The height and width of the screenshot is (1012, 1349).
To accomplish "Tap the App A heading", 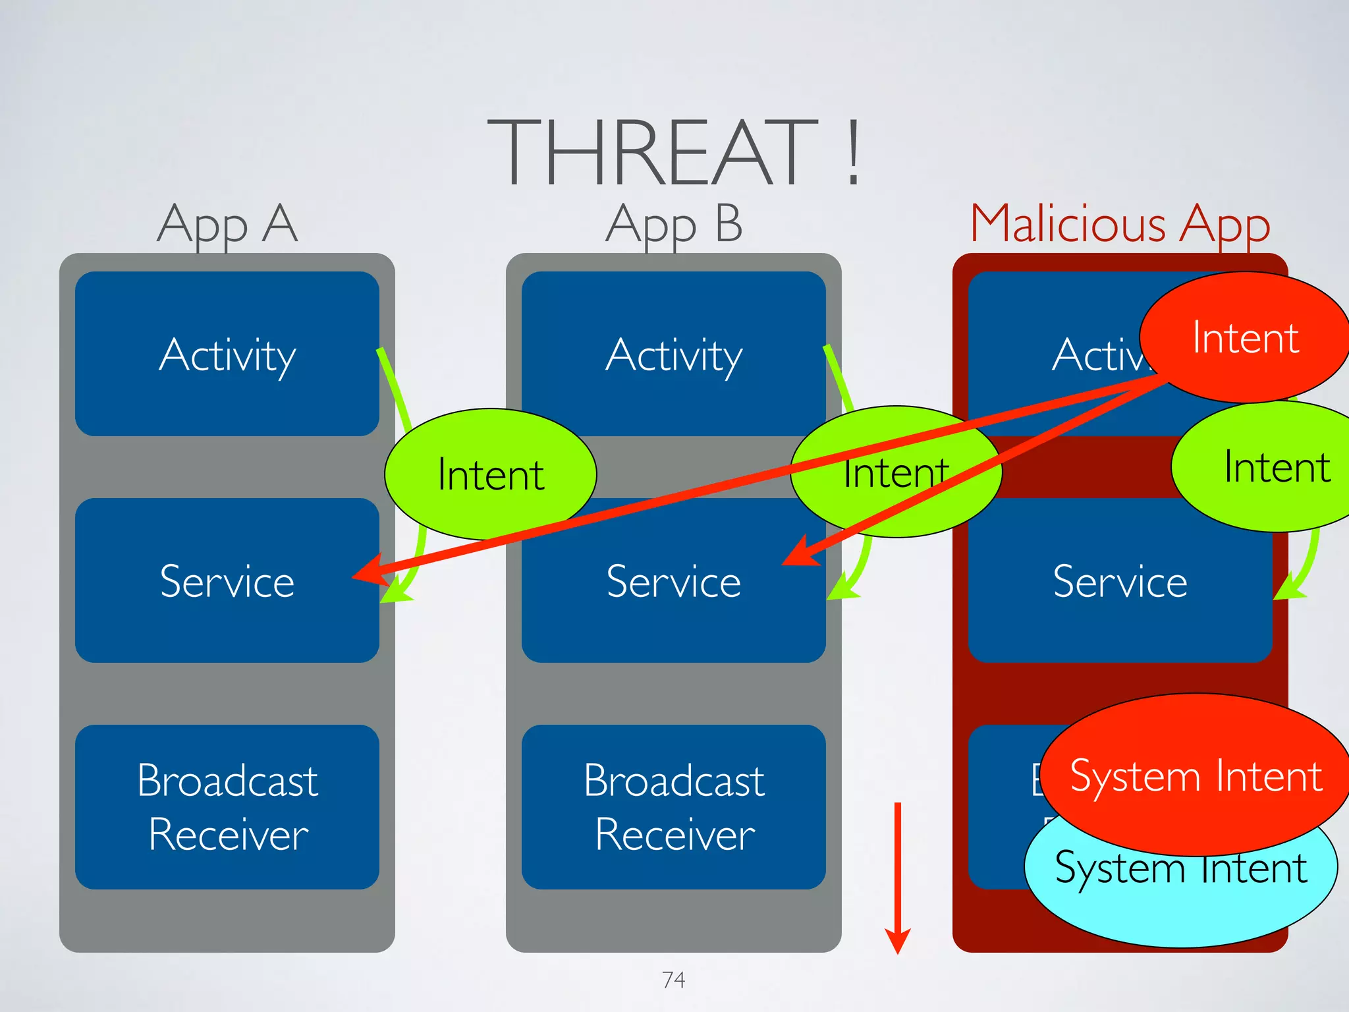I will pos(227,224).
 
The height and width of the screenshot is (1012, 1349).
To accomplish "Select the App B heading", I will pos(673,224).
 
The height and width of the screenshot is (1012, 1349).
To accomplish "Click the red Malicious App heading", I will pos(1120,224).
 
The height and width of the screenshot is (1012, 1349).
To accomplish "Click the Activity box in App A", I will pos(227,354).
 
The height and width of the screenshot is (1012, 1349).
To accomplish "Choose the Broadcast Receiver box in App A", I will pos(227,807).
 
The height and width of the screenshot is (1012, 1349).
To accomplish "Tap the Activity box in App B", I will pos(673,354).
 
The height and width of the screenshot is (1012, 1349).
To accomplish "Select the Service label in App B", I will pos(673,582).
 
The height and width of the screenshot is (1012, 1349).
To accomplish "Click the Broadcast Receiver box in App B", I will pos(673,807).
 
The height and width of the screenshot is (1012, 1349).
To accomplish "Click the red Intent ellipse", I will pos(1245,337).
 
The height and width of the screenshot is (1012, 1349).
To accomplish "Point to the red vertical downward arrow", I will pos(897,876).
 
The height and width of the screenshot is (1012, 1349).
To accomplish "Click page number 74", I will pos(673,980).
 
